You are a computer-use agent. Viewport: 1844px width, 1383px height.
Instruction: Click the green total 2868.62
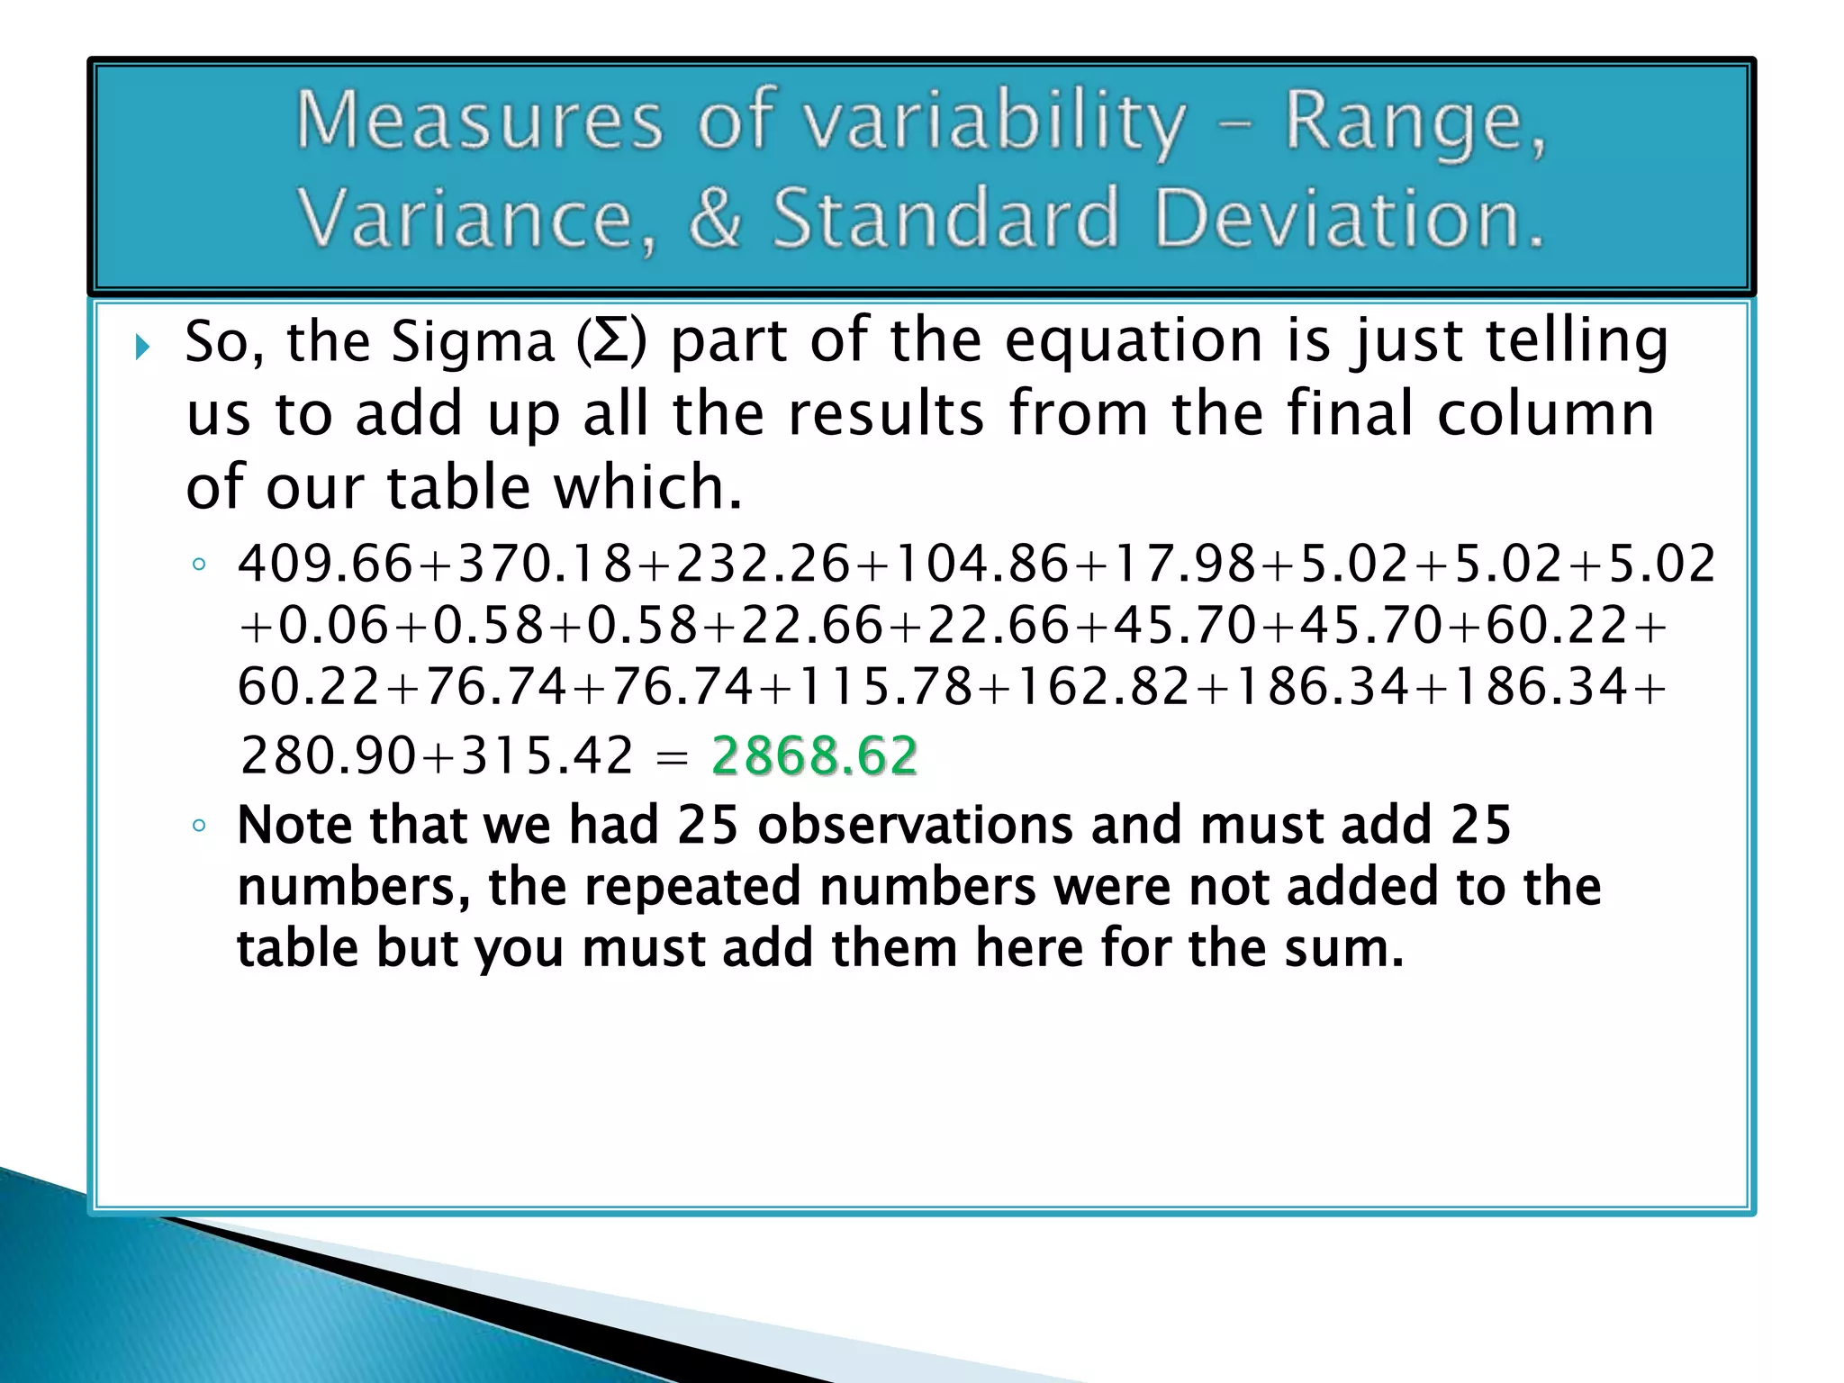[814, 755]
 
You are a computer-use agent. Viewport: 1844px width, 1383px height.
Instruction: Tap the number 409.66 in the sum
[326, 565]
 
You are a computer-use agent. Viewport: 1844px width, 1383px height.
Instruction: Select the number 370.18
[546, 565]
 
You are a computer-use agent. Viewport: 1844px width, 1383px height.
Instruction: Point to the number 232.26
[764, 565]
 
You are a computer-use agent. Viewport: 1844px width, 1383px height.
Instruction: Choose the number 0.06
[335, 626]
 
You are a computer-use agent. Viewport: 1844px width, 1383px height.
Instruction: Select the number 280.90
[330, 755]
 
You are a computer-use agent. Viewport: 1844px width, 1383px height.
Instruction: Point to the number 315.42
[547, 755]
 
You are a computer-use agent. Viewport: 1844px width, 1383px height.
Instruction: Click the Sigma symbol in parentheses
[611, 343]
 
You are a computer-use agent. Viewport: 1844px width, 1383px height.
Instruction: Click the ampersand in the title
[715, 218]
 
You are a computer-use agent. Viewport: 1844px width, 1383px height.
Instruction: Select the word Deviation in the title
[1349, 218]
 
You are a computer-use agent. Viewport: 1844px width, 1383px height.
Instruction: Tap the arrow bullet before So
[141, 347]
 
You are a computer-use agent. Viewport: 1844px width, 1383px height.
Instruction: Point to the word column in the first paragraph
[1545, 414]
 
